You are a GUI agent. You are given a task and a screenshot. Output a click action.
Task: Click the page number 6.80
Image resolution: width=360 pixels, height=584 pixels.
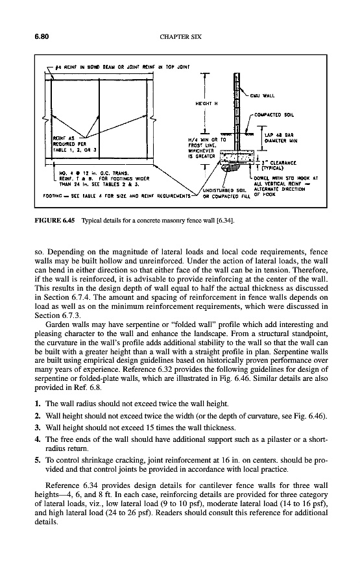[42, 36]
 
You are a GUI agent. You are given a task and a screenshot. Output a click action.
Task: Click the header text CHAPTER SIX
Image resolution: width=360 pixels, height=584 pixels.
[180, 36]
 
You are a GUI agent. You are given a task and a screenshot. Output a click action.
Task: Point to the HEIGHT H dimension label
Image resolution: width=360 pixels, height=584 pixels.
[206, 104]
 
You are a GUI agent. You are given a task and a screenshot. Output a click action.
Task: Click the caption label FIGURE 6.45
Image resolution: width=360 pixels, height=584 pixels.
[54, 221]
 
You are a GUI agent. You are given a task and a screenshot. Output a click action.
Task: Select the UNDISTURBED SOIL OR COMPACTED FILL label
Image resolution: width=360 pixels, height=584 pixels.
[224, 193]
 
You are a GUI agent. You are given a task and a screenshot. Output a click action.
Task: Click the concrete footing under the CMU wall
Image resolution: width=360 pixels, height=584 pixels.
[237, 157]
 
